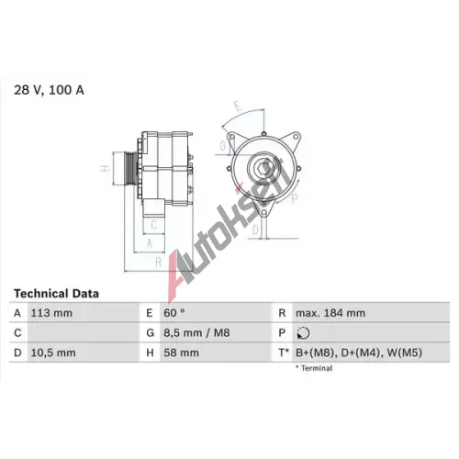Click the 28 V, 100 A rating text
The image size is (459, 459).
(49, 90)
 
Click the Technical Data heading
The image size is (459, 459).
(57, 294)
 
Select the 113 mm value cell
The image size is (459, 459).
(51, 313)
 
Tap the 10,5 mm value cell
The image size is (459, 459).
(53, 353)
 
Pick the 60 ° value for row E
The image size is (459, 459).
(174, 313)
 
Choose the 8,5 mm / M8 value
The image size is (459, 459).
(196, 332)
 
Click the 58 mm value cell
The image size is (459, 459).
(181, 353)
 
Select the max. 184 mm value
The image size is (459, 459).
(330, 313)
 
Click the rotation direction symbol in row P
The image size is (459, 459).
(303, 333)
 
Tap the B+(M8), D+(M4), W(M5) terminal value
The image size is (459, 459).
(359, 353)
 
